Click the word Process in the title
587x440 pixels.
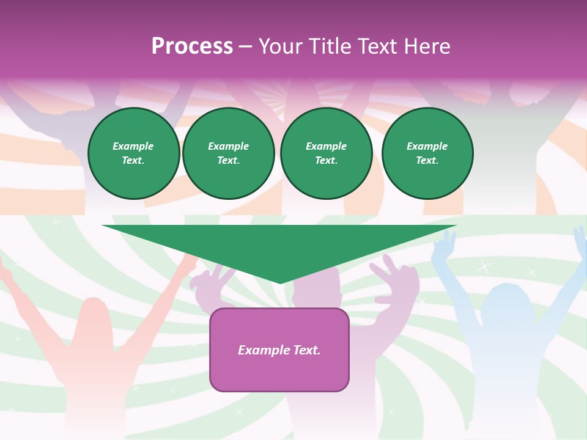click(192, 46)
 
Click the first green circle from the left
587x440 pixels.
click(133, 153)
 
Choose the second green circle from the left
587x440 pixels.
click(228, 153)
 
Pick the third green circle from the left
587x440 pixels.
click(326, 153)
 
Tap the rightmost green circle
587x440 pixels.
click(427, 153)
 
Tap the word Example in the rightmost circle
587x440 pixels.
click(427, 146)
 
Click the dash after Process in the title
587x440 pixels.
click(245, 46)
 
